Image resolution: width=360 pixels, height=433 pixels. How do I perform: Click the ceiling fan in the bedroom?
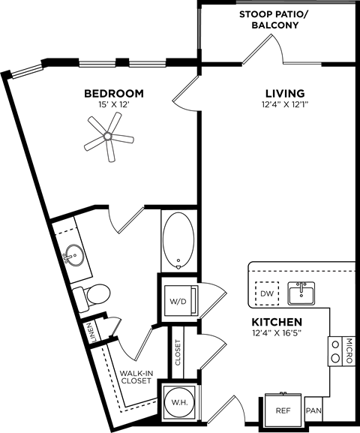(x=109, y=137)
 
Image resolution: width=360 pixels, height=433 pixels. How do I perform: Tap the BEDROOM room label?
(x=113, y=94)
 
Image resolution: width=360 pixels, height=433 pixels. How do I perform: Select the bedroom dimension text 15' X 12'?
(x=113, y=106)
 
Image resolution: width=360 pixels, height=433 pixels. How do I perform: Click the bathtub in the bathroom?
(x=178, y=240)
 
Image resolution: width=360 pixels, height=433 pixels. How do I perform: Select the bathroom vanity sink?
(x=73, y=255)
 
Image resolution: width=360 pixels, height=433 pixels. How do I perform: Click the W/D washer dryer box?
(x=180, y=302)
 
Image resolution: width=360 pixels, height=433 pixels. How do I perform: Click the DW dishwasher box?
(x=266, y=293)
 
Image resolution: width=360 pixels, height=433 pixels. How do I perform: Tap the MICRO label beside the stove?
(x=349, y=351)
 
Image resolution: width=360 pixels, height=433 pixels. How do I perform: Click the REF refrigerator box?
(x=283, y=410)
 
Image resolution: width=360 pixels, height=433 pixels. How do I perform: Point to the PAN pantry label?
(x=314, y=411)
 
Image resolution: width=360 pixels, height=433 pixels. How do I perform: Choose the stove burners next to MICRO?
(x=334, y=351)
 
